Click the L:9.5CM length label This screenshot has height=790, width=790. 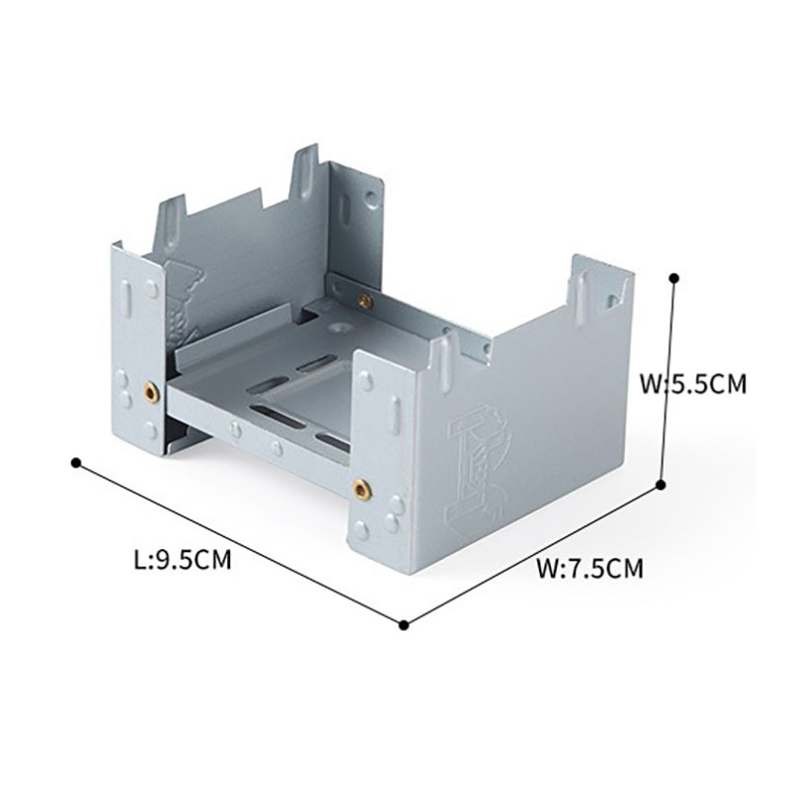(x=183, y=560)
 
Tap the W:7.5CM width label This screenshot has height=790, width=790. (x=590, y=569)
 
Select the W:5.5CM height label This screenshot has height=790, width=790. (x=693, y=384)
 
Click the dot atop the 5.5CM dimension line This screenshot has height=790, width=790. (x=674, y=277)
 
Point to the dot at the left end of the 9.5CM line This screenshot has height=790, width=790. (x=76, y=462)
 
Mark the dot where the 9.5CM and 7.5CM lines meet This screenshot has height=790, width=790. (x=403, y=625)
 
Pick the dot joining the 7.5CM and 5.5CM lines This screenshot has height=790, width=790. (x=662, y=484)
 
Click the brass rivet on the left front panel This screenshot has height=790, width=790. (x=151, y=392)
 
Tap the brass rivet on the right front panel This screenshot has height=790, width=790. (x=360, y=488)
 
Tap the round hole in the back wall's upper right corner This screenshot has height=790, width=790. (x=372, y=197)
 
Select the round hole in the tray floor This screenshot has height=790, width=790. (x=336, y=328)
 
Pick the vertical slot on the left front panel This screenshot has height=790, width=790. (x=127, y=300)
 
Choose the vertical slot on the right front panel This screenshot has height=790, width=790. (x=396, y=414)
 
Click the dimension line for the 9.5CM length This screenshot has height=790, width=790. (x=240, y=544)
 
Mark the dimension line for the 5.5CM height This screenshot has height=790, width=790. (x=669, y=381)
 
